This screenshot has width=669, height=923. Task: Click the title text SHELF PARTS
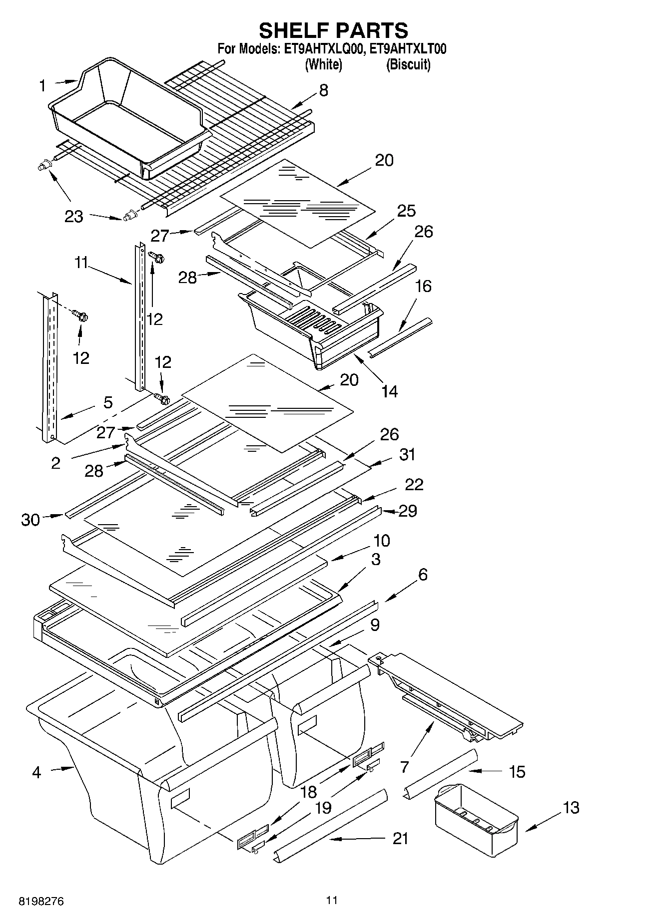coord(333,31)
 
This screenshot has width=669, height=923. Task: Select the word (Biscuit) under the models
coord(408,64)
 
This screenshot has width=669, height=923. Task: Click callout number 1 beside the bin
coord(42,86)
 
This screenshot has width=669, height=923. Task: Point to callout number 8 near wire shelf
coord(323,90)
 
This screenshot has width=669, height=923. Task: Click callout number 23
coord(73,217)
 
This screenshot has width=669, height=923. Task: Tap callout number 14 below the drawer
coord(389,391)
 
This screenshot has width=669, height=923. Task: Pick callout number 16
coord(423,287)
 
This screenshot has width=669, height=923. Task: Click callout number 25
coord(406,211)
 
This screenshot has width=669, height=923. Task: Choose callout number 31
coord(407,455)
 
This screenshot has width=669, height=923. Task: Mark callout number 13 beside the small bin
coord(571,807)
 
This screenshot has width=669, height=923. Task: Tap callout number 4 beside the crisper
coord(36,772)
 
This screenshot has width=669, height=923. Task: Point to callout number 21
coord(400,838)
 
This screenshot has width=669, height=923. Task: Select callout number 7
coord(404,766)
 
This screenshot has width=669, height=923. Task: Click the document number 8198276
coord(41,901)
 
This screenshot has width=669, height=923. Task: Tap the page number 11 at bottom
coord(332,900)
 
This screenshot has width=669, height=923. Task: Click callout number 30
coord(30,520)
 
